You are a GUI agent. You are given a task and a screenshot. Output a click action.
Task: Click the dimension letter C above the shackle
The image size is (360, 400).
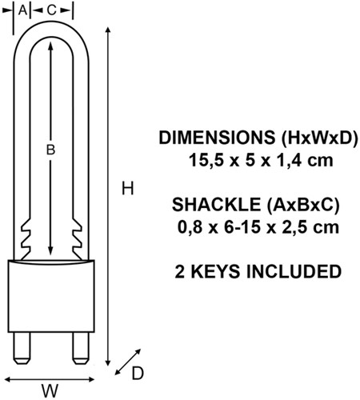pos(51,9)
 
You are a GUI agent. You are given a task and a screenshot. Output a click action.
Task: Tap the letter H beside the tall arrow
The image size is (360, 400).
pos(126,189)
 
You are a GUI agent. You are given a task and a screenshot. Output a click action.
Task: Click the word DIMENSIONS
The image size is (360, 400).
pos(208,138)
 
